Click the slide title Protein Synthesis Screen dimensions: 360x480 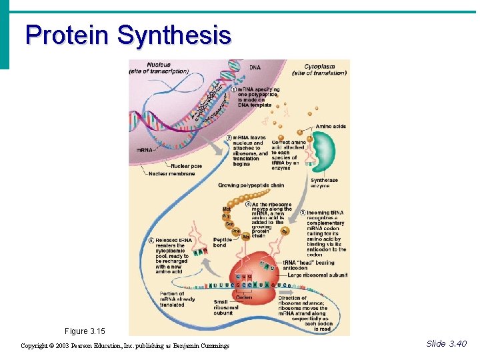[x=128, y=35]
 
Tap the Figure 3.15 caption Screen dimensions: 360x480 [x=85, y=331]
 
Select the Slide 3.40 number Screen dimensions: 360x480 [x=446, y=343]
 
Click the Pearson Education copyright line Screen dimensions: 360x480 [x=125, y=345]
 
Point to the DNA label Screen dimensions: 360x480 [x=255, y=67]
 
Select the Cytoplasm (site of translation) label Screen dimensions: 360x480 [x=325, y=69]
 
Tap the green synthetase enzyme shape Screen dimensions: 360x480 [x=324, y=153]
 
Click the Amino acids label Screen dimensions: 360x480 [x=331, y=127]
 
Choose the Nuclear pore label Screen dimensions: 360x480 [x=186, y=166]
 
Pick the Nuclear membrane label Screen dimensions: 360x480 [x=172, y=173]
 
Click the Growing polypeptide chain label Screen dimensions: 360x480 [x=251, y=185]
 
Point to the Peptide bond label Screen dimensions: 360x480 [x=222, y=242]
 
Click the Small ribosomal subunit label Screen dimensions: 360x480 [x=226, y=307]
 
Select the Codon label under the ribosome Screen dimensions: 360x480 [x=244, y=297]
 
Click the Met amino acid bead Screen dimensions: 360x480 [x=227, y=209]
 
